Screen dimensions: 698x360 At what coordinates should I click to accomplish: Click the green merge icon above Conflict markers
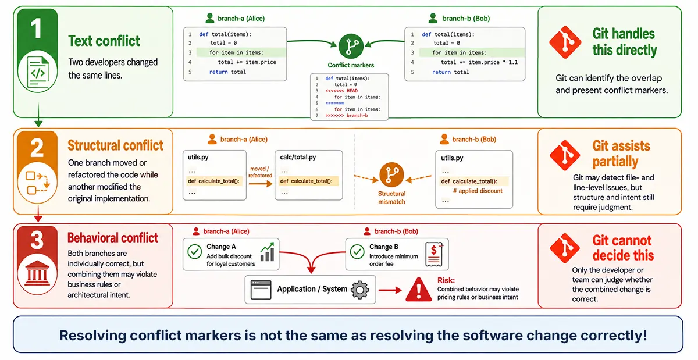tap(351, 47)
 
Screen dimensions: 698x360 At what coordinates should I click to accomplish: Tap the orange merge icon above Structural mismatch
tap(391, 174)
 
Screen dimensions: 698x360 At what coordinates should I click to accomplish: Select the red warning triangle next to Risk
tap(418, 290)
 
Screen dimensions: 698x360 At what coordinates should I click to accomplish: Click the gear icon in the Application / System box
tap(360, 290)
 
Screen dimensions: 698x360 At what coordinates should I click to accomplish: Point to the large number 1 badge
tap(37, 28)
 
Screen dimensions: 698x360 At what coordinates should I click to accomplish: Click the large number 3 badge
tap(37, 240)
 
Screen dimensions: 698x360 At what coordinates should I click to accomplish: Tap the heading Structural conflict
tap(115, 145)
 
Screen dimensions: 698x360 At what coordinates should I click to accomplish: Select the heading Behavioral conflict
tap(113, 238)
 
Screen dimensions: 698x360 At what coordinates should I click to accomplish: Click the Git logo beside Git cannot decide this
tap(565, 248)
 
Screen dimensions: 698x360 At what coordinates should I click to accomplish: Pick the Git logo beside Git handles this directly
tap(565, 42)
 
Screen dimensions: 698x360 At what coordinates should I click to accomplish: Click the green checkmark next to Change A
tap(195, 251)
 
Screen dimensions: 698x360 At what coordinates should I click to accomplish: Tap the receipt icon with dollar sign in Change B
tap(434, 254)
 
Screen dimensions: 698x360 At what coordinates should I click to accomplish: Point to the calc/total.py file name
tap(298, 157)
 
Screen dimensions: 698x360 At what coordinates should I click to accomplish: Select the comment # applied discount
tap(478, 191)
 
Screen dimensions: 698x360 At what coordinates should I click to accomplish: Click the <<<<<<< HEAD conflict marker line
tap(341, 91)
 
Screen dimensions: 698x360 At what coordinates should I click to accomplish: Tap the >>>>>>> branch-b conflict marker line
tap(347, 116)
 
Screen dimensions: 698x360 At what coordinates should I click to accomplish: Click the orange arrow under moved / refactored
tap(261, 184)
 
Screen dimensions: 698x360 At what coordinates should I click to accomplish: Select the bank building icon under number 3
tap(37, 273)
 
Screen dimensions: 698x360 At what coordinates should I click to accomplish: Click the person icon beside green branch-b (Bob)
tap(433, 18)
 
